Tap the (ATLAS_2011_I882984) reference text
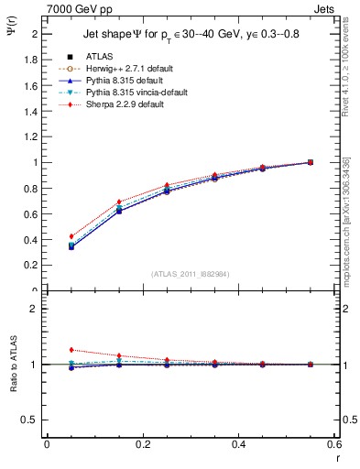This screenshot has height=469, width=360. (x=190, y=274)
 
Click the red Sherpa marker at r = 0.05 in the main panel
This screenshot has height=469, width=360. (x=71, y=236)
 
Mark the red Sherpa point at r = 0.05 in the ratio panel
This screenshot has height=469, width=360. (x=71, y=350)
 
